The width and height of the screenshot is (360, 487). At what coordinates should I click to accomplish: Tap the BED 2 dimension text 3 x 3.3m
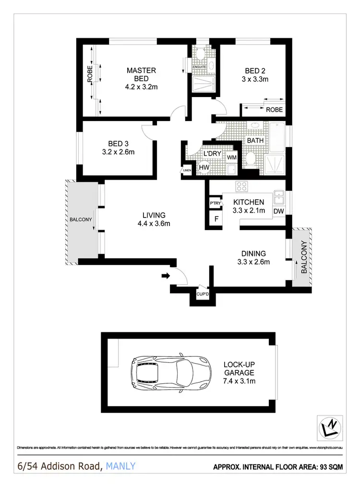253,79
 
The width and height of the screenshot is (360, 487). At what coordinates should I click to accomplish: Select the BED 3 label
118,144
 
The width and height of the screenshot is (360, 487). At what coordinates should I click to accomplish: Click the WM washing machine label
232,158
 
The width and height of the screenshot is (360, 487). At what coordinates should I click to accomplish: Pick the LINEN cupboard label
187,170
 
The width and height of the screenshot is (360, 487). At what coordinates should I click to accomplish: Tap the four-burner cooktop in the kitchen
240,187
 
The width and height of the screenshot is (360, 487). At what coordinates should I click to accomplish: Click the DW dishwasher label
278,211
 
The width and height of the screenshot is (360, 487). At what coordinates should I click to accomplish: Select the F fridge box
216,219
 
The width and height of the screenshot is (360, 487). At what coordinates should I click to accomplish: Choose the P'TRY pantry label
215,204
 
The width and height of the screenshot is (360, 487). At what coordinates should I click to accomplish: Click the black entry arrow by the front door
166,276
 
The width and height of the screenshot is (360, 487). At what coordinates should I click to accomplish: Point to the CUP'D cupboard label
202,294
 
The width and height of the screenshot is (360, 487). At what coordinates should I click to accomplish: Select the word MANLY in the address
120,466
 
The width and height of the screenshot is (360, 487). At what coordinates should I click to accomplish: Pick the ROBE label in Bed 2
274,110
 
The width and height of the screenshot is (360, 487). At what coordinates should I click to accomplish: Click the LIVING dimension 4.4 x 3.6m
154,223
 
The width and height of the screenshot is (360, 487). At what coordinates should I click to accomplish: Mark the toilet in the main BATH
251,158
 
